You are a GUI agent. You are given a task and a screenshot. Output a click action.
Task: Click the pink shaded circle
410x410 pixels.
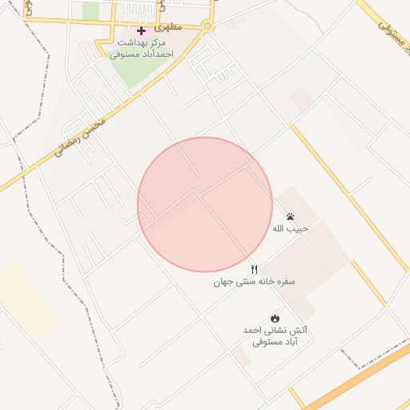[x=205, y=204]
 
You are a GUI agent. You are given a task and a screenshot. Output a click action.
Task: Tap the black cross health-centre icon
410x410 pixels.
[x=142, y=30]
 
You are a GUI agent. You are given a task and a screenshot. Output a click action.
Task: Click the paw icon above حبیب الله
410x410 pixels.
[x=290, y=217]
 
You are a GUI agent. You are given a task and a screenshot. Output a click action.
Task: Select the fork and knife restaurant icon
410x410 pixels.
[x=255, y=269]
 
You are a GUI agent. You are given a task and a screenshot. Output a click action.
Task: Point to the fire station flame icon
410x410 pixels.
[x=275, y=318]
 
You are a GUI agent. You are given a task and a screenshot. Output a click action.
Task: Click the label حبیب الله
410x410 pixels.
[x=290, y=229]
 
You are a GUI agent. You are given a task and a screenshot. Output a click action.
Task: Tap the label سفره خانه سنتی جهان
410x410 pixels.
[x=255, y=282]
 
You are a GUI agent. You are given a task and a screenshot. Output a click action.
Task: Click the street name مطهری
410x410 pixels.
[x=170, y=26]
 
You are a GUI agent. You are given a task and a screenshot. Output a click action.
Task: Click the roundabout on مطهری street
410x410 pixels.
[x=208, y=26]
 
